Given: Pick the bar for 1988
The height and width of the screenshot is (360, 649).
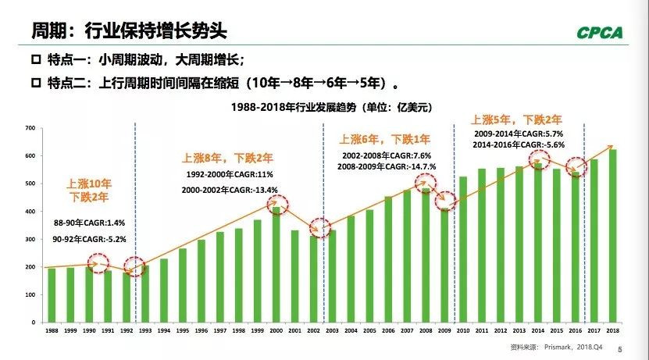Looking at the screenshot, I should click(x=52, y=294).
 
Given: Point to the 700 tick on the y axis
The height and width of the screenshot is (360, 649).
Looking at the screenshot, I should click(x=30, y=127).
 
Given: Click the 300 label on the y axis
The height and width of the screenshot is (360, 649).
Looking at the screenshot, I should click(x=30, y=239).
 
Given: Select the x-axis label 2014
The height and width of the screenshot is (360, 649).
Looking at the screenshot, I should click(x=539, y=331).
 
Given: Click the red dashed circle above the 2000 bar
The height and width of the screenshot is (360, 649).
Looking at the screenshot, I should click(x=277, y=205).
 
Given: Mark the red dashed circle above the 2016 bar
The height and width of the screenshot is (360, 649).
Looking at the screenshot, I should click(x=576, y=167).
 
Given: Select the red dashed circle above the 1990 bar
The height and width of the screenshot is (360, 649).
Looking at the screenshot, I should click(x=98, y=265).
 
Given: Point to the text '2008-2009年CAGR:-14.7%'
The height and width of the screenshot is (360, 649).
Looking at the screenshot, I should click(x=387, y=166).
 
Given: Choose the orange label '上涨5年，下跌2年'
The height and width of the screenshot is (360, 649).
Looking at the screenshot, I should click(x=515, y=119).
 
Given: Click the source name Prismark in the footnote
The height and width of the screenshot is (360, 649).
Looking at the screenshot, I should click(x=560, y=350).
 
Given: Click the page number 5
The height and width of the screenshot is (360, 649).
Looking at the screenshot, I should click(x=619, y=351).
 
